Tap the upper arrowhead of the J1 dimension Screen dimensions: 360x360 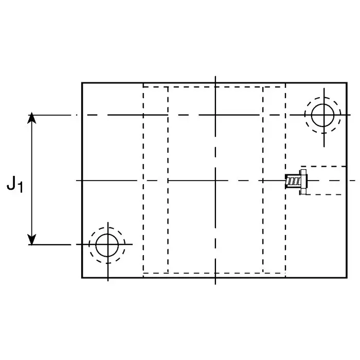point(32,118)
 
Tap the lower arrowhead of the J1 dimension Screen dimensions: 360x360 point(32,240)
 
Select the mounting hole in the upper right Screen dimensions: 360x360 point(322,115)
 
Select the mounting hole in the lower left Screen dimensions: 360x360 point(107,244)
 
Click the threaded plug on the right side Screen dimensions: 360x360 point(295,181)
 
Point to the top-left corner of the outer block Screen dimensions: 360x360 point(82,83)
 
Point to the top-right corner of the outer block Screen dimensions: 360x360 point(347,83)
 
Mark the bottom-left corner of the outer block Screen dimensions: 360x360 point(82,278)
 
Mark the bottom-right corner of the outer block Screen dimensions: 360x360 point(347,278)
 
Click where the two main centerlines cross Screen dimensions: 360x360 point(215,181)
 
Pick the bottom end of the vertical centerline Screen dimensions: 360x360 point(215,284)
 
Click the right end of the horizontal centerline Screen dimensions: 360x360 point(355,181)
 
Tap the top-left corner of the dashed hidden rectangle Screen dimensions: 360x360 point(143,87)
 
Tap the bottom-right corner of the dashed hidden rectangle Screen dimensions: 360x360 point(285,273)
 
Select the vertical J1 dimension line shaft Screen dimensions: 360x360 point(32,154)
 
